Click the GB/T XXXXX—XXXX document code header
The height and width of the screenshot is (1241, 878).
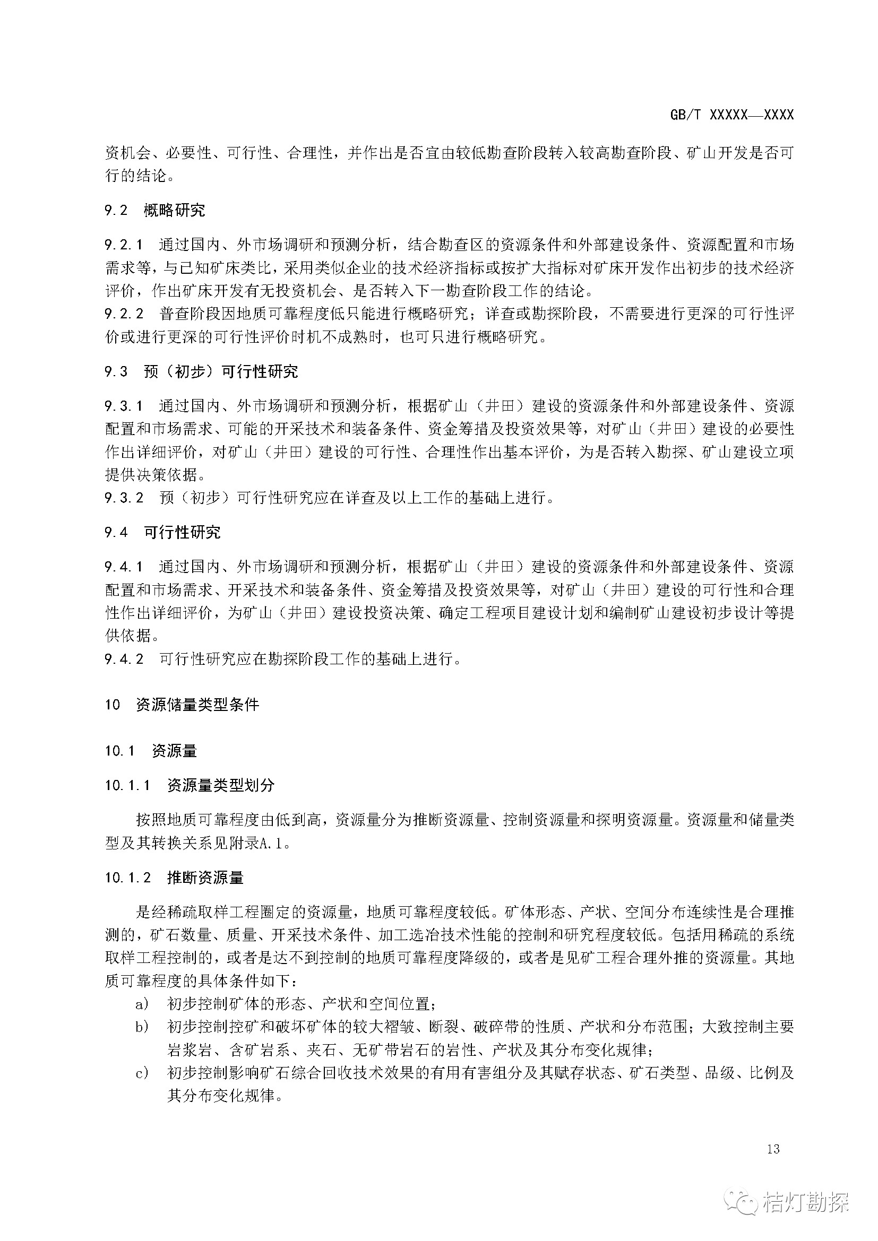point(731,115)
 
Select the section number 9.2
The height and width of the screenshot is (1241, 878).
point(116,210)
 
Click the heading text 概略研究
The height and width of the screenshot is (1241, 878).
point(174,210)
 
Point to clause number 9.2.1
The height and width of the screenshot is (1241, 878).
point(124,245)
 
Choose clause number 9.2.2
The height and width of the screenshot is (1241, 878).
point(124,314)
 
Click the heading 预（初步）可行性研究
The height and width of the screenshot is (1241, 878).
point(221,371)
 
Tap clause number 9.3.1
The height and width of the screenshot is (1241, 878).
point(124,406)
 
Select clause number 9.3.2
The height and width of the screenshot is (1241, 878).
point(124,498)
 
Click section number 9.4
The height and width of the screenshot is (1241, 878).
point(116,532)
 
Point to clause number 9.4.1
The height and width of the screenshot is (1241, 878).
point(124,567)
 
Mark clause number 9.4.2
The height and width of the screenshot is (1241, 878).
point(124,659)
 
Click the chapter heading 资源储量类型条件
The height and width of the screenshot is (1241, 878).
point(197,705)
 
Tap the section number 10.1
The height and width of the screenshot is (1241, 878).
point(119,751)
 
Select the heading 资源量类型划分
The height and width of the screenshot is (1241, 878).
point(221,785)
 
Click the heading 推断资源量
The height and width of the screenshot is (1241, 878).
point(205,877)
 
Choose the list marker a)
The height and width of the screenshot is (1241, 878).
point(142,1004)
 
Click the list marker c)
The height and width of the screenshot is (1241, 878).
point(142,1073)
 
